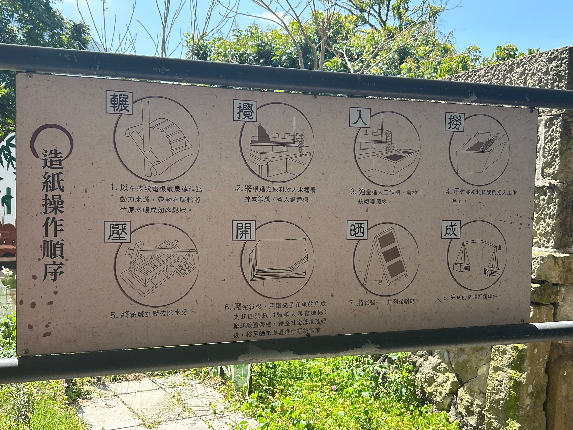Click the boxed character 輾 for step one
click(119, 103)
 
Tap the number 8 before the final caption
click(445, 298)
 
